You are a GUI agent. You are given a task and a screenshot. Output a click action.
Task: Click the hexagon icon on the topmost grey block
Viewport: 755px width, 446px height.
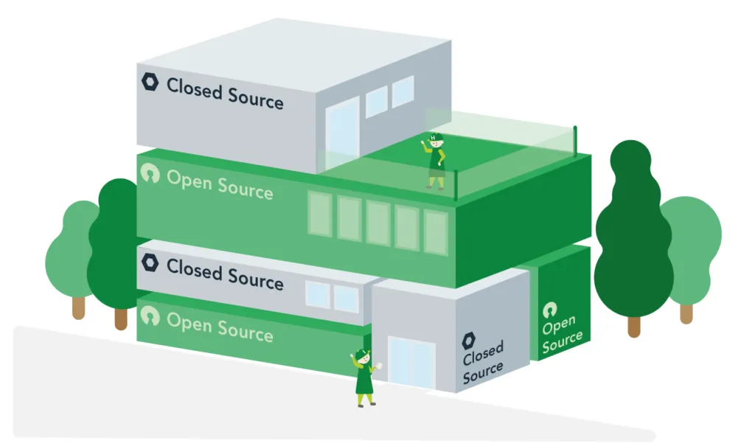[x=150, y=82]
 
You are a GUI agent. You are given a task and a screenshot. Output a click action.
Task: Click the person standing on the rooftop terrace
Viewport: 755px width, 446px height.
[x=436, y=161]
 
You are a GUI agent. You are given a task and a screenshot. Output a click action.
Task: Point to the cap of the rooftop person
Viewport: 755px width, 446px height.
[x=435, y=137]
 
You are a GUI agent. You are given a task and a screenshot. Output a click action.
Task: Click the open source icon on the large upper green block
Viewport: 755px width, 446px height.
[x=150, y=173]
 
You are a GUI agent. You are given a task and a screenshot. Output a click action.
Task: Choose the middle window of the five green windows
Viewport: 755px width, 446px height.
[x=378, y=222]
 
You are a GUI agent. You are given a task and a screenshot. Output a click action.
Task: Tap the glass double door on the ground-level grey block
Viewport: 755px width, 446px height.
[x=411, y=363]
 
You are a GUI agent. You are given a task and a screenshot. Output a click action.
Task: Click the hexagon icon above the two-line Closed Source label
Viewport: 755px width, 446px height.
[x=469, y=341]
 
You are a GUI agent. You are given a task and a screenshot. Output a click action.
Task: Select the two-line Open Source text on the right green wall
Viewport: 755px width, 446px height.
[x=562, y=335]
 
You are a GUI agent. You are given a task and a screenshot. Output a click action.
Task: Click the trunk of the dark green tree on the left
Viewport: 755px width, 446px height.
[x=121, y=318]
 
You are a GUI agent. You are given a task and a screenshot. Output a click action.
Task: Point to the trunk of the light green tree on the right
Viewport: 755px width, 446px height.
[x=686, y=313]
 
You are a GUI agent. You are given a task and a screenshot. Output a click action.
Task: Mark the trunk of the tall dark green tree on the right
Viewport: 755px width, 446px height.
[x=634, y=326]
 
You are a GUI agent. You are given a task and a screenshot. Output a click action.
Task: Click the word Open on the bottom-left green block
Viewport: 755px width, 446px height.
[x=189, y=322]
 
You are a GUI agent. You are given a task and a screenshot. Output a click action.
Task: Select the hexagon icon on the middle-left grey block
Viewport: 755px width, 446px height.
[x=150, y=263]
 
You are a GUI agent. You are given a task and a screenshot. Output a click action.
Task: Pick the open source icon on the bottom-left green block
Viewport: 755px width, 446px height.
[x=150, y=316]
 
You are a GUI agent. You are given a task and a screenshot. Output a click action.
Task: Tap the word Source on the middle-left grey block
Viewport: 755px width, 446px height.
[x=255, y=280]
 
